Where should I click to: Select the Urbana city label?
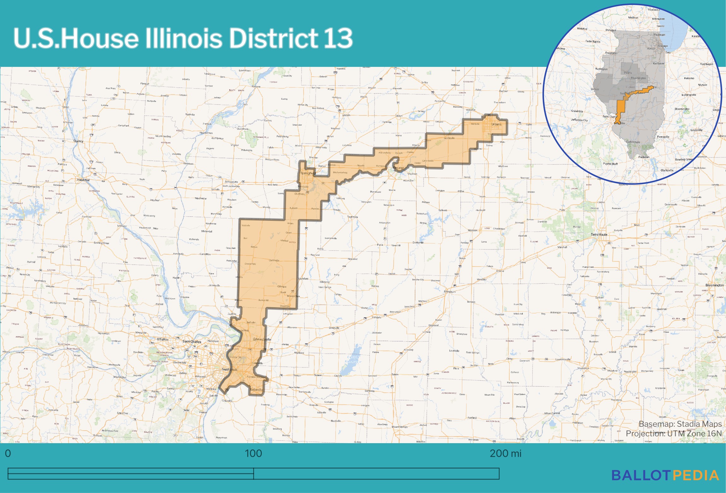[496, 124]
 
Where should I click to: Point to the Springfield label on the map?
[307, 173]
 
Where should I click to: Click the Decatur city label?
[399, 168]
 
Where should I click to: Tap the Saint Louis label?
[229, 369]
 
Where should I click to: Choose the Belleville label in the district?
[256, 390]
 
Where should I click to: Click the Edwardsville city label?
[262, 339]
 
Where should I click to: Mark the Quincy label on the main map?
[78, 141]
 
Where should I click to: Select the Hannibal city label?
[83, 180]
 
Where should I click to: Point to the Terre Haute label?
[599, 235]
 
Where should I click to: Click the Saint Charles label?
[192, 342]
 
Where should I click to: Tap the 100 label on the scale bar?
[253, 454]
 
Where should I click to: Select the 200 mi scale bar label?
[505, 454]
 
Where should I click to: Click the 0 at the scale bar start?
[8, 454]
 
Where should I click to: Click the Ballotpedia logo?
[665, 475]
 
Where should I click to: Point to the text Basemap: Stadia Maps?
[680, 424]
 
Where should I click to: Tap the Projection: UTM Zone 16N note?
[674, 434]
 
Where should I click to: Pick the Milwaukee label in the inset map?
[658, 19]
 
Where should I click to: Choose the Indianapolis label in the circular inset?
[688, 95]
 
